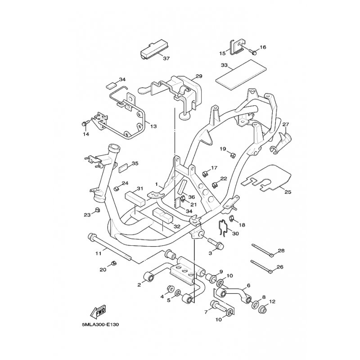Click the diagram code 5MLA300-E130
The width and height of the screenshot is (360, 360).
(x=100, y=325)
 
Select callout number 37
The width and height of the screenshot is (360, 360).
(x=166, y=58)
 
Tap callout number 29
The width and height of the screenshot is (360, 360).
(x=199, y=76)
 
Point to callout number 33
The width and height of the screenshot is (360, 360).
(x=224, y=65)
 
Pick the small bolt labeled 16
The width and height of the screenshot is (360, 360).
(x=253, y=52)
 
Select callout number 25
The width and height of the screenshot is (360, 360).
(x=288, y=192)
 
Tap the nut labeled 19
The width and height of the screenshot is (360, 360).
(x=232, y=155)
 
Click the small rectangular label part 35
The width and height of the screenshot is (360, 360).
(x=123, y=168)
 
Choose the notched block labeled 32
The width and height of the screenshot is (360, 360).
(x=162, y=216)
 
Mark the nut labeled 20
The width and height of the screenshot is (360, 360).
(x=113, y=263)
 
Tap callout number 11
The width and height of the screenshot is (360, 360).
(x=98, y=253)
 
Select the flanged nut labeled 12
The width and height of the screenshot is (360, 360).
(x=263, y=310)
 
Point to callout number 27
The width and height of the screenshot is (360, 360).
(x=285, y=124)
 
